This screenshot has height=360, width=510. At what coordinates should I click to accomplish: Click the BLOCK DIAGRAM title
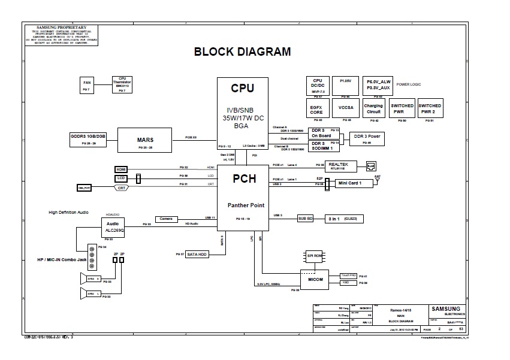242,52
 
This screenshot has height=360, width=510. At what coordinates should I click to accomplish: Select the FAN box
87,85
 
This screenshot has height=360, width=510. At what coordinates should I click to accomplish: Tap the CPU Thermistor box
122,84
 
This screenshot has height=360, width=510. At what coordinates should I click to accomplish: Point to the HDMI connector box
122,170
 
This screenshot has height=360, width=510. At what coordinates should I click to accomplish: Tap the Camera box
166,219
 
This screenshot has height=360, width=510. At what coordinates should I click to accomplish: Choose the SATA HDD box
197,254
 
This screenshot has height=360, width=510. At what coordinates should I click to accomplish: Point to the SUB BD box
305,219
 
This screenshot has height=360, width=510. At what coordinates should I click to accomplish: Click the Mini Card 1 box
351,183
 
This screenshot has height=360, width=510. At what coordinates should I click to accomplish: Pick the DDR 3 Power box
367,138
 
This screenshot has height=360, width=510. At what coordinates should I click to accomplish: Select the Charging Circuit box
373,108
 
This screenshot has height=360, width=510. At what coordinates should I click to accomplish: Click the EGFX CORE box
316,108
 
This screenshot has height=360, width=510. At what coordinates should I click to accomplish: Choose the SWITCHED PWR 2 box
430,108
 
